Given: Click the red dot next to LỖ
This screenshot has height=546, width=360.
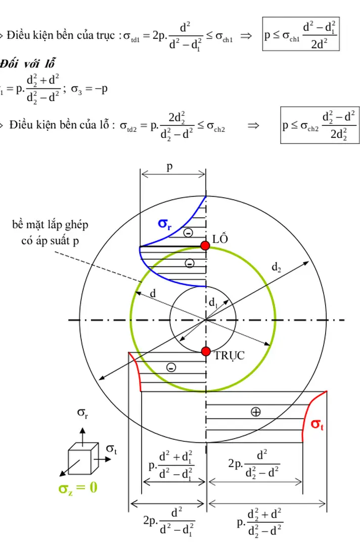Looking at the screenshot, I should (x=205, y=246).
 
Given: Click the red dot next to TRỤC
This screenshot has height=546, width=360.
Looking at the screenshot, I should (x=205, y=351).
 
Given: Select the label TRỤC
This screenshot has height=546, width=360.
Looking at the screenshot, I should (x=229, y=356).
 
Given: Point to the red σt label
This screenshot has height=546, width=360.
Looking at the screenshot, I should (x=317, y=425).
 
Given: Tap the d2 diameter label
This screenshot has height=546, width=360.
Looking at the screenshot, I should (x=277, y=266).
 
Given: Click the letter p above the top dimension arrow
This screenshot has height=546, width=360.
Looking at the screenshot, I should (x=170, y=167).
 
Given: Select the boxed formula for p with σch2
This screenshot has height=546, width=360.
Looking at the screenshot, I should (x=319, y=125).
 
